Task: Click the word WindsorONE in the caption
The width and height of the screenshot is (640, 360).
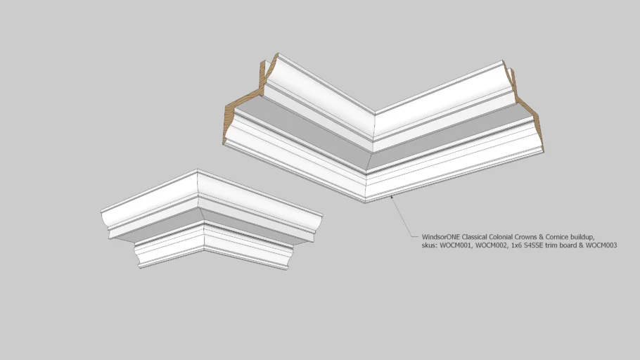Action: click(x=441, y=237)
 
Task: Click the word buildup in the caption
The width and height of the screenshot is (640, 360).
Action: click(x=582, y=237)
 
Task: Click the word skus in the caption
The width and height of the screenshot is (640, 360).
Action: click(x=430, y=245)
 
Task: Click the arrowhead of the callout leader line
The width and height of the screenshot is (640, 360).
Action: click(x=392, y=197)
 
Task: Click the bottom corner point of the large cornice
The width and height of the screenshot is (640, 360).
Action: click(x=365, y=202)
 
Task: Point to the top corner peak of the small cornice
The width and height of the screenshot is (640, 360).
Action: click(x=198, y=169)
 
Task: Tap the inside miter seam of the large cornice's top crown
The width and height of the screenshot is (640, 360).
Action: click(x=374, y=127)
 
